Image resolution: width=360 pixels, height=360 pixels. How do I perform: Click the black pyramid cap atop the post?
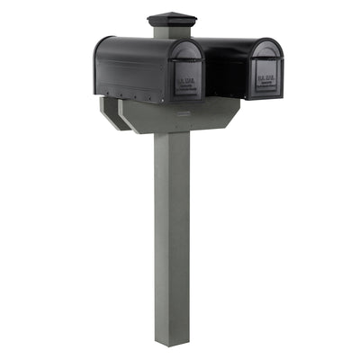pos(166,21)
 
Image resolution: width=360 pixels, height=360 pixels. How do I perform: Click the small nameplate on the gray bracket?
pos(183,111)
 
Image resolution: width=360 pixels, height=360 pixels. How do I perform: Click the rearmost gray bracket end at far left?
pos(106,110)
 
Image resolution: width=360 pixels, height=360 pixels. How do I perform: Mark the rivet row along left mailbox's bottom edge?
pos(130,93)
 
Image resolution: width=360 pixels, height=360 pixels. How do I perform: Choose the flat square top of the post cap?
pos(166,14)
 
